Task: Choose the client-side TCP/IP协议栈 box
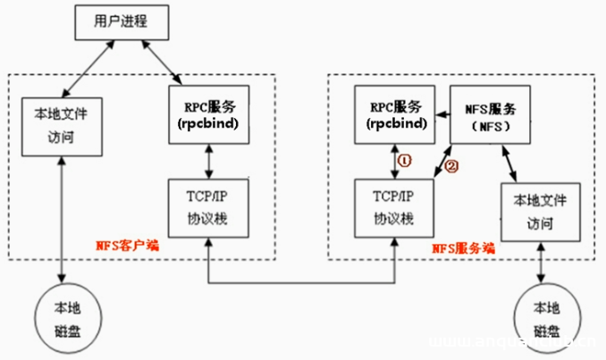pyautogui.click(x=207, y=208)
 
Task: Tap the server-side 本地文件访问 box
pyautogui.click(x=540, y=211)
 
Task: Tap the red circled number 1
pyautogui.click(x=404, y=161)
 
